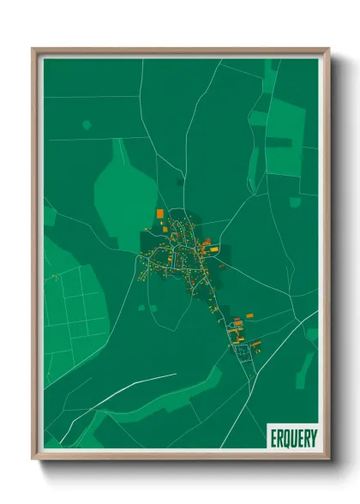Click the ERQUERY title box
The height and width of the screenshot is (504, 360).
[293, 437]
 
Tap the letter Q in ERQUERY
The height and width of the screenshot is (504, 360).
[285, 437]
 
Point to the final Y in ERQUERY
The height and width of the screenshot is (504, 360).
[313, 437]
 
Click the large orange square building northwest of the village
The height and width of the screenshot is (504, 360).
[159, 213]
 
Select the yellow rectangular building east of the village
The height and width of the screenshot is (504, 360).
[214, 249]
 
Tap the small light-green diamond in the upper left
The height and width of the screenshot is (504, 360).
[87, 124]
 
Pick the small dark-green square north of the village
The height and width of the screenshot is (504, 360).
[180, 181]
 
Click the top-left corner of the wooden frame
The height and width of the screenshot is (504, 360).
[34, 50]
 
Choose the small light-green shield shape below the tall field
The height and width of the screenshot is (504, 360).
[295, 202]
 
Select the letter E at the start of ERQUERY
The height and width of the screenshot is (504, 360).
[273, 437]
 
